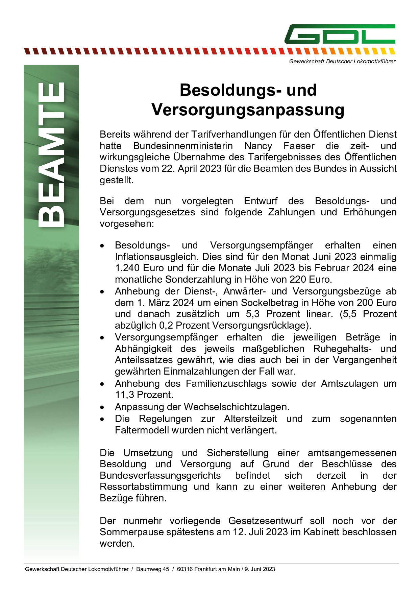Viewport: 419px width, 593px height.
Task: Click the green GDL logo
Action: pos(340,34)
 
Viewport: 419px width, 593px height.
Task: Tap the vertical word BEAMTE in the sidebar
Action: pos(51,155)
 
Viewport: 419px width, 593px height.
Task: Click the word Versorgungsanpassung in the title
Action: pos(248,110)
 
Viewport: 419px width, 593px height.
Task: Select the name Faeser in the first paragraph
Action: pos(299,146)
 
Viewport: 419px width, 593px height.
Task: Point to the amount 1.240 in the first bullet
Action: pos(127,268)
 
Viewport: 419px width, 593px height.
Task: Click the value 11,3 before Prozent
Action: pos(125,395)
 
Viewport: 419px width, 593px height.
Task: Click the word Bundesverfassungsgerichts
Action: pos(160,476)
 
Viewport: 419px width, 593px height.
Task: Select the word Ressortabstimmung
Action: pos(144,487)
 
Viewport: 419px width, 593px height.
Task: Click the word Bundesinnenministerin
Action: pos(183,146)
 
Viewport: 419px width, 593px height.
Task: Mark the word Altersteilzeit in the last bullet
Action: pos(250,419)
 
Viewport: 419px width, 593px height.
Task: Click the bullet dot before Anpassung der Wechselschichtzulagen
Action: pos(102,407)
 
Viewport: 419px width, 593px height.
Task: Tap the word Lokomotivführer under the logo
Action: pos(374,62)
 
